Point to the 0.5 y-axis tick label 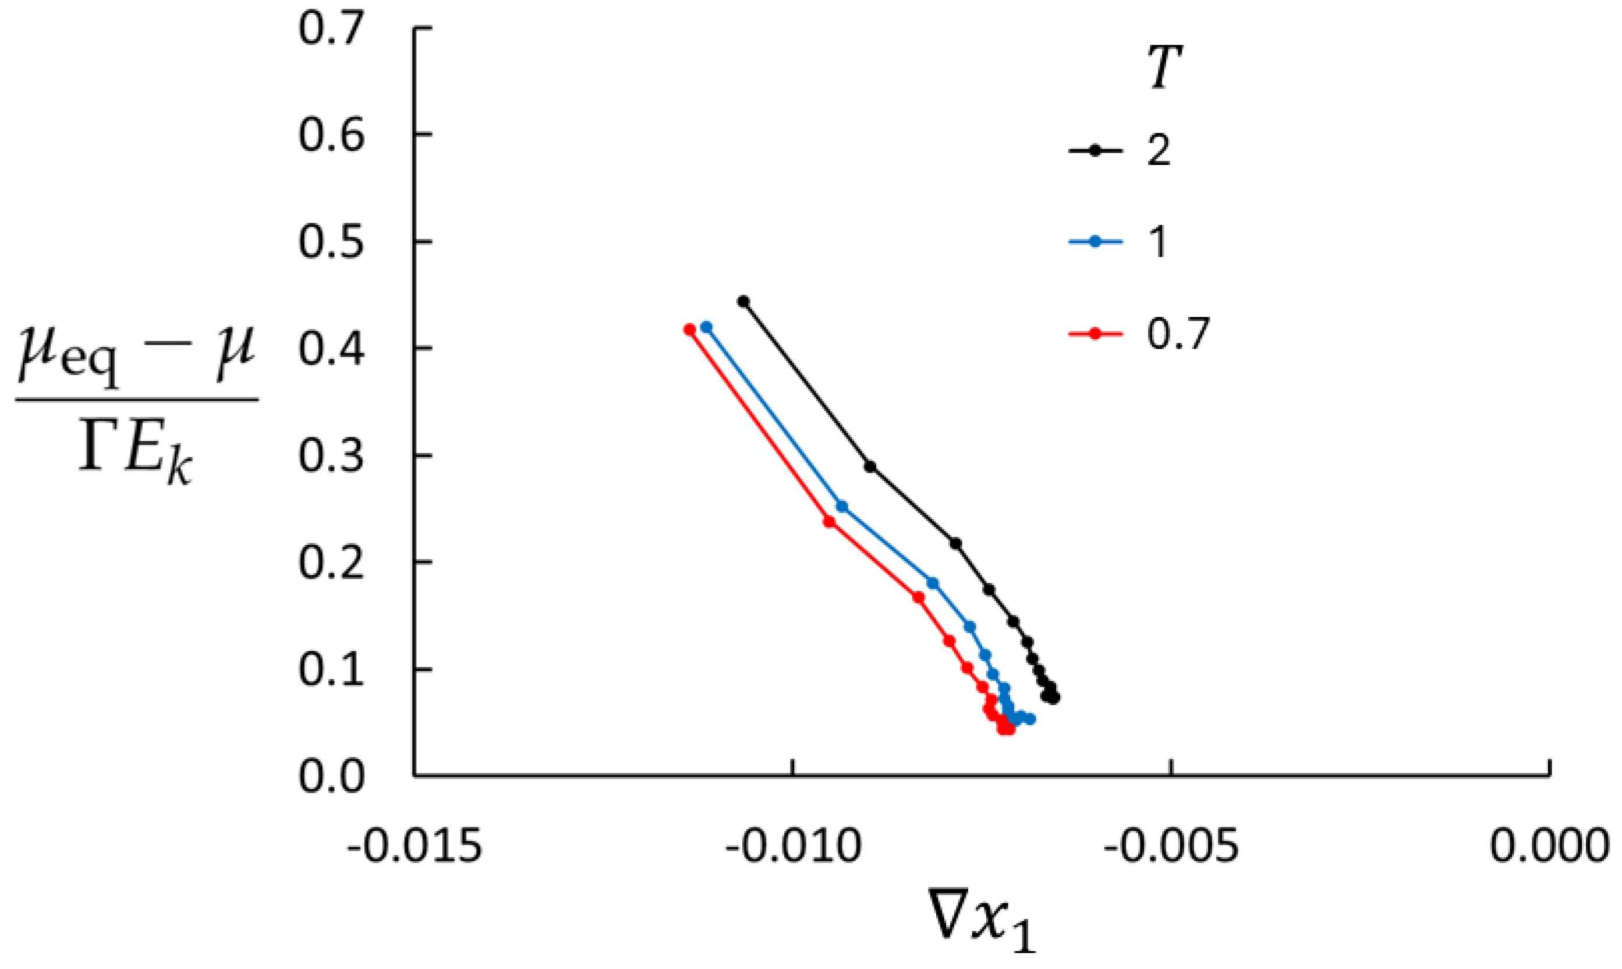(x=330, y=242)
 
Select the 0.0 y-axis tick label (x=330, y=777)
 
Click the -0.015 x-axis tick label (x=415, y=847)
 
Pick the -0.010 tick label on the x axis (x=793, y=847)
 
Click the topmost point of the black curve (x=743, y=302)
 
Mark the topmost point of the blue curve (x=706, y=327)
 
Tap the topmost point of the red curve (x=689, y=330)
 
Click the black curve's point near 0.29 (x=870, y=467)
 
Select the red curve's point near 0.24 (x=830, y=522)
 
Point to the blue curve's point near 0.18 (x=933, y=583)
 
